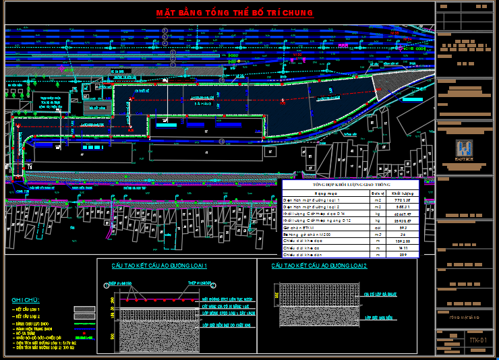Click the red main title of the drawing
(x=235, y=13)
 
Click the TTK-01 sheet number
(x=477, y=340)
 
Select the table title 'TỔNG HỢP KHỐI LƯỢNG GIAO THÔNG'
(x=351, y=184)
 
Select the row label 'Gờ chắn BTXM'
(x=299, y=228)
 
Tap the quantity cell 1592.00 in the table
(x=403, y=241)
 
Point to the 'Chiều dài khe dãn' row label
(x=301, y=255)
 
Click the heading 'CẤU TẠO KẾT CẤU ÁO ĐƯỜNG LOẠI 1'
(x=159, y=266)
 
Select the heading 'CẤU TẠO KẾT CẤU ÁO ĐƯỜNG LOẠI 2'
(x=319, y=266)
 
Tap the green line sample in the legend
(x=84, y=324)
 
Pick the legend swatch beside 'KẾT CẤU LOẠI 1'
(x=84, y=309)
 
